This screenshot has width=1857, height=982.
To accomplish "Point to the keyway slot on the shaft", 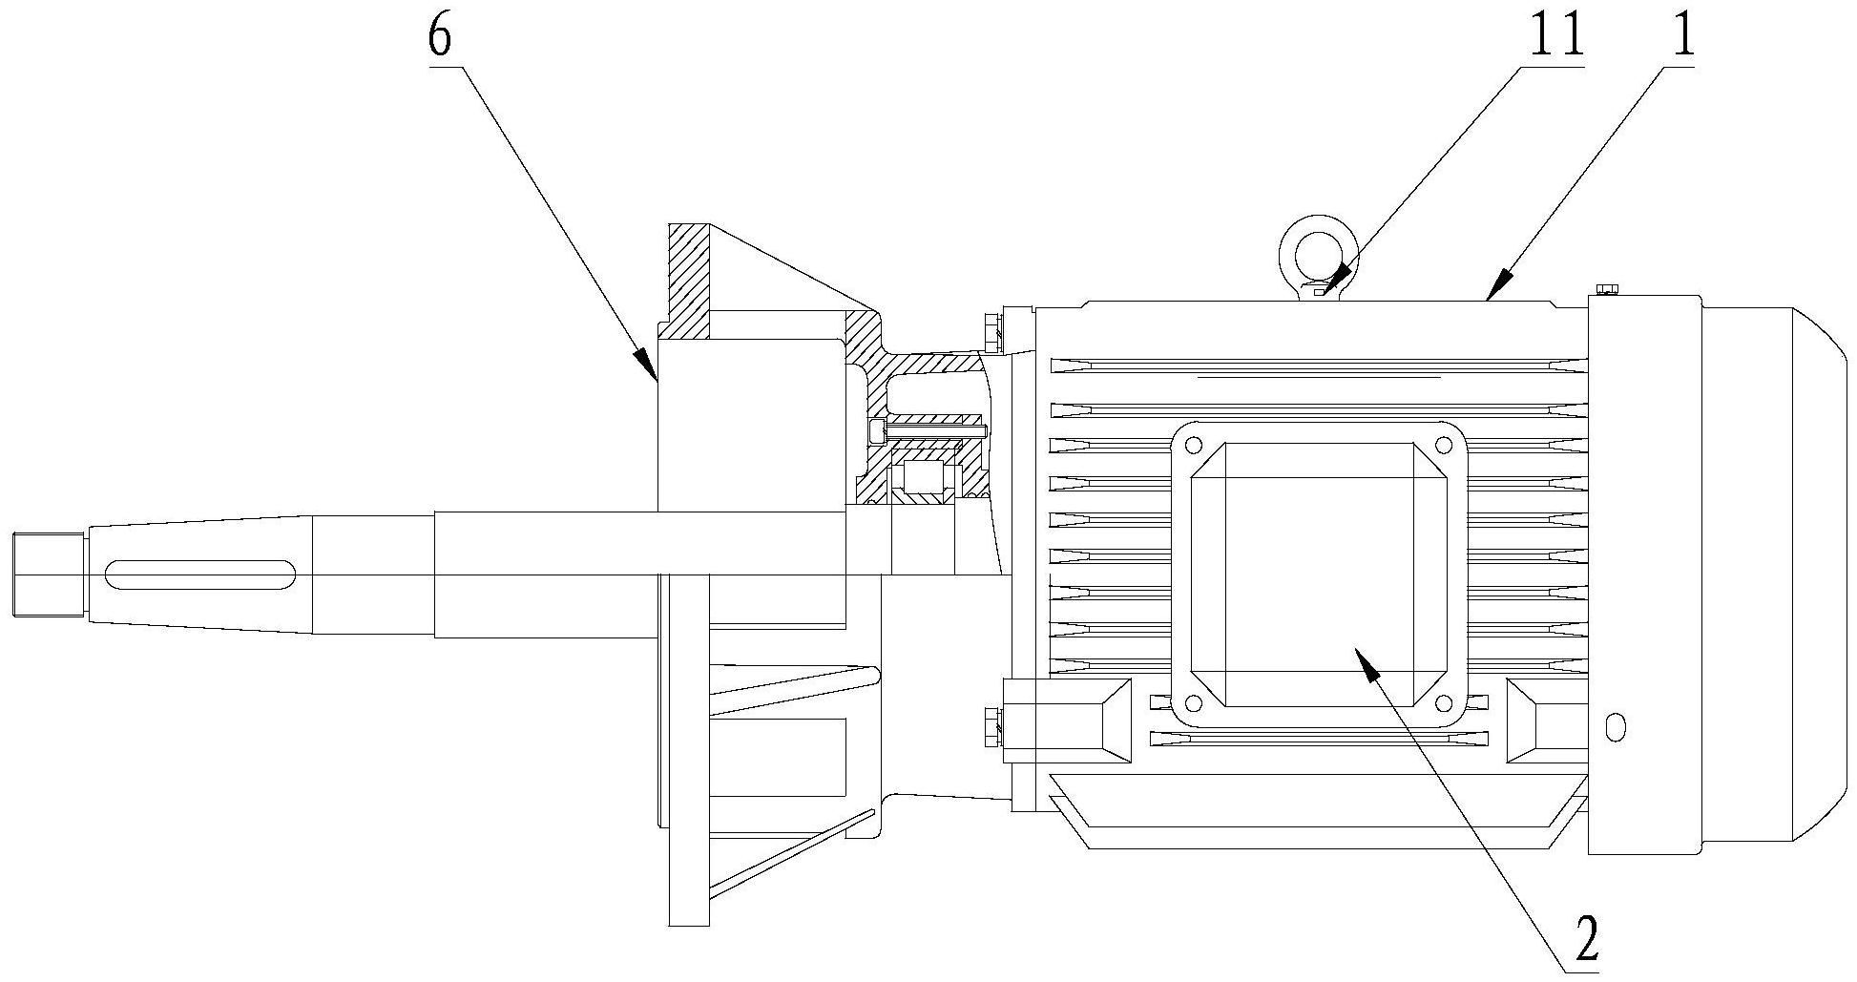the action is click(x=200, y=575).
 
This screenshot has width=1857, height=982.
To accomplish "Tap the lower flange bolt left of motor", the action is click(x=991, y=727).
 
